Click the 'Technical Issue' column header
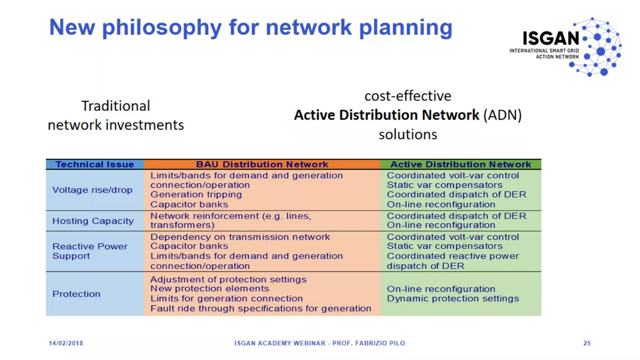(x=95, y=164)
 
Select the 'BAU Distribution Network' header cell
(x=262, y=164)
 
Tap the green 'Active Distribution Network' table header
(x=461, y=164)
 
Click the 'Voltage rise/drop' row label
(x=92, y=190)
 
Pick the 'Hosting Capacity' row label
(x=93, y=221)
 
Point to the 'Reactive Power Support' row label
(x=90, y=251)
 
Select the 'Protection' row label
(x=77, y=294)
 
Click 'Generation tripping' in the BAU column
(x=196, y=195)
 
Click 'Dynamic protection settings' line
(x=453, y=299)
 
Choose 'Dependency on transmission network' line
(x=240, y=237)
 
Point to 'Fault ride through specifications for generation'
(x=261, y=309)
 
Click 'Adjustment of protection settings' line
(x=228, y=279)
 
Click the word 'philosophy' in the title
(x=162, y=27)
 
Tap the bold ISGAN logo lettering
(x=551, y=38)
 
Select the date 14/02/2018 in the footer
(x=66, y=343)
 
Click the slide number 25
(x=587, y=343)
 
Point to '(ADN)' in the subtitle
(x=502, y=115)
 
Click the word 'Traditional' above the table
(x=116, y=106)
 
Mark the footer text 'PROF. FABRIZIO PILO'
(x=368, y=343)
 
